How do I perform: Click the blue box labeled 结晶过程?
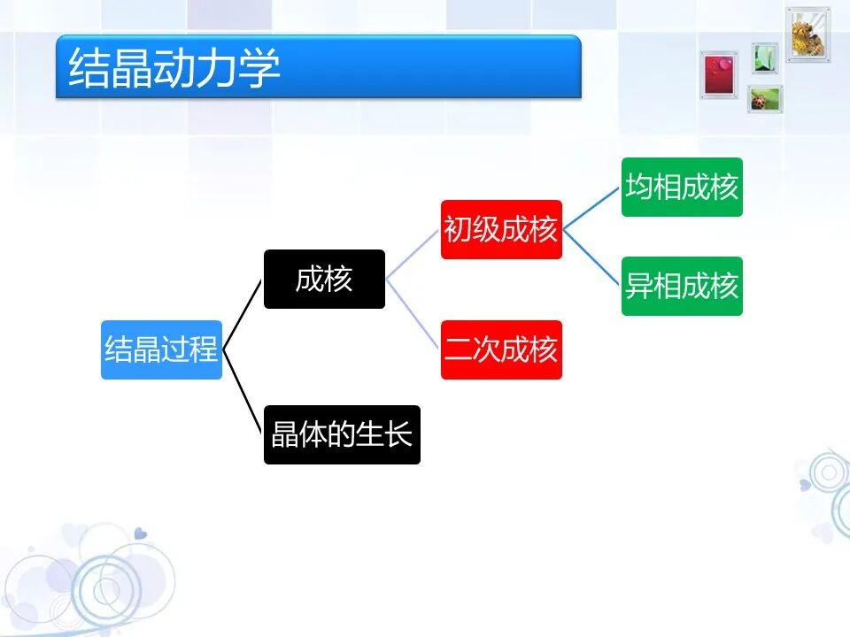pyautogui.click(x=161, y=349)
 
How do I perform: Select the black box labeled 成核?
pyautogui.click(x=324, y=279)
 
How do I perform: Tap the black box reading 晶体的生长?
pyautogui.click(x=342, y=434)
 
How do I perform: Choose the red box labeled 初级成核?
pyautogui.click(x=501, y=229)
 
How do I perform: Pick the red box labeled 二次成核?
pyautogui.click(x=501, y=349)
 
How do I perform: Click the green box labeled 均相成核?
pyautogui.click(x=682, y=187)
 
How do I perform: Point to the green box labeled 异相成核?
pyautogui.click(x=682, y=286)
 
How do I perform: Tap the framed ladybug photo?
pyautogui.click(x=764, y=99)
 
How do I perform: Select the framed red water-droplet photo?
pyautogui.click(x=720, y=74)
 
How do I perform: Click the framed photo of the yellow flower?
pyautogui.click(x=807, y=34)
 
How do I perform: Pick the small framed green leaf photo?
pyautogui.click(x=765, y=58)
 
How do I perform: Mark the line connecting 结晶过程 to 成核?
pyautogui.click(x=243, y=314)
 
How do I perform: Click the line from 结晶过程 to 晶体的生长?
pyautogui.click(x=243, y=392)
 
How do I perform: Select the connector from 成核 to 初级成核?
pyautogui.click(x=413, y=254)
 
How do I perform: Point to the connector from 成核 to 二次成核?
pyautogui.click(x=413, y=314)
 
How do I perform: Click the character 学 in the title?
pyautogui.click(x=260, y=68)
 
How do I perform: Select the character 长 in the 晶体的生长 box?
pyautogui.click(x=399, y=434)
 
